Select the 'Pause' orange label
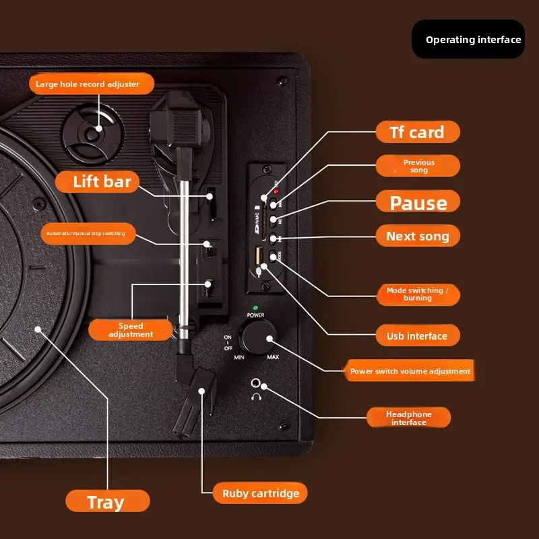pos(418,202)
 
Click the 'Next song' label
pos(417,236)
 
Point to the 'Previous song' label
pos(418,166)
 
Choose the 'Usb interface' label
pos(417,336)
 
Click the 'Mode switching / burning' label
pos(418,294)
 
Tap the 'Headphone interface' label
pos(408,418)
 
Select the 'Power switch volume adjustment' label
pos(410,371)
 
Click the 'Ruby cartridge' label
pos(260,493)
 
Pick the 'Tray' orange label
pos(107,502)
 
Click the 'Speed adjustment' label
pos(131,329)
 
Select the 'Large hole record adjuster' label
pos(92,84)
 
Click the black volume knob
pos(259,336)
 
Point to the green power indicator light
pos(255,308)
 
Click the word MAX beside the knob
pos(273,357)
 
